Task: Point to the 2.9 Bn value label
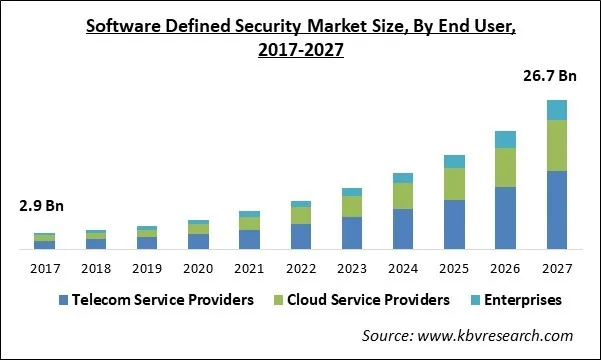point(42,207)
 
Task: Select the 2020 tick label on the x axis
point(198,267)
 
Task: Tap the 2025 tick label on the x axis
point(454,267)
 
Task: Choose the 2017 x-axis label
point(45,267)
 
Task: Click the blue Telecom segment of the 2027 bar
point(556,210)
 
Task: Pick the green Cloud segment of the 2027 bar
point(556,146)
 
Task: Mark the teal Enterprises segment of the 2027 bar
point(556,110)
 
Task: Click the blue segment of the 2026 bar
point(505,218)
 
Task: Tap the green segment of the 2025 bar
point(454,184)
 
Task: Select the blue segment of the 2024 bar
point(403,229)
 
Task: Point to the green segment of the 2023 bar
point(352,206)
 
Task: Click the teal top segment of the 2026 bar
point(505,139)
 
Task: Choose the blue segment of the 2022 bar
point(301,236)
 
